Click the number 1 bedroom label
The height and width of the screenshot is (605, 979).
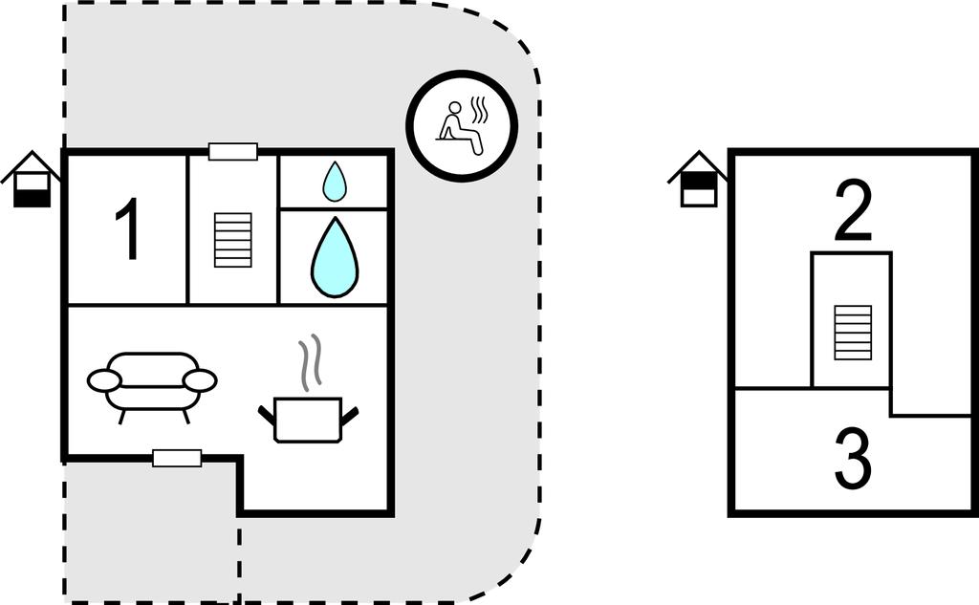coord(127,229)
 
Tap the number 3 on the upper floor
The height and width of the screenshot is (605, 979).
coord(853,460)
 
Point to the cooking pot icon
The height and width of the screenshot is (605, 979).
coord(308,419)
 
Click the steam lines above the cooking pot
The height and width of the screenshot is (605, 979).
coord(308,363)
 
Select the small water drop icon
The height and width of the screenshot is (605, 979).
coord(334,182)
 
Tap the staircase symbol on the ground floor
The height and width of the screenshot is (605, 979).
coord(233,240)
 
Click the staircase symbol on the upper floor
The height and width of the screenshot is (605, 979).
coord(853,333)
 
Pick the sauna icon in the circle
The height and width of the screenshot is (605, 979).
coord(462,125)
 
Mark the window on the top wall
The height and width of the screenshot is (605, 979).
coord(233,151)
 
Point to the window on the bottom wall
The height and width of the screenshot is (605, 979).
coord(177,459)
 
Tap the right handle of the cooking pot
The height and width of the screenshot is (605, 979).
coord(350,416)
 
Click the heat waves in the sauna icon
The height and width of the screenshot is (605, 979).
coord(480,113)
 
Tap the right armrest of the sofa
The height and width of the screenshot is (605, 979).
coord(200,380)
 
